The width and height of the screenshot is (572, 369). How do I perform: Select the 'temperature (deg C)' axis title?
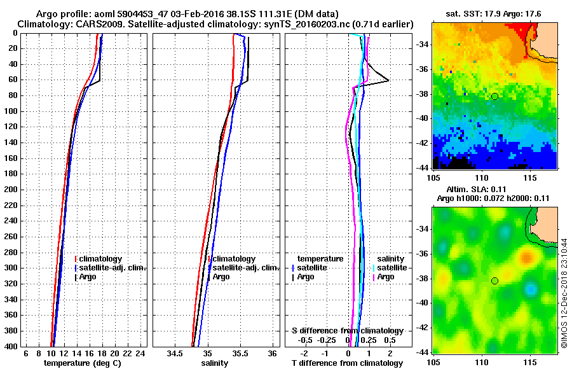click(x=82, y=363)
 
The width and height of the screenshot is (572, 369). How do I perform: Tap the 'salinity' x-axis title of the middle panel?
click(x=215, y=363)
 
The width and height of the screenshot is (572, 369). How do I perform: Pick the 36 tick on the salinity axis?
click(x=272, y=353)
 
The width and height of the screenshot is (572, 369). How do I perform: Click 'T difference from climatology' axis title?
click(x=347, y=363)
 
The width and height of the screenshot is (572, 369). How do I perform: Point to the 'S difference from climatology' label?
click(x=347, y=331)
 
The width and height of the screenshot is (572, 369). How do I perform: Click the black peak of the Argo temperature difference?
click(x=388, y=81)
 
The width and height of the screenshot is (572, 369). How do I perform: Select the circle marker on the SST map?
click(x=494, y=97)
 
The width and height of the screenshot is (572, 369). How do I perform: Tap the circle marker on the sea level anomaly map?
click(x=494, y=281)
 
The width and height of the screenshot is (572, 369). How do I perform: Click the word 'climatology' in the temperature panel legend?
click(x=101, y=259)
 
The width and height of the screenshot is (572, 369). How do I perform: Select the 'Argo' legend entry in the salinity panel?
click(x=221, y=277)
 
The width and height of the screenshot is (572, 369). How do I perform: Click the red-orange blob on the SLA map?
click(x=527, y=258)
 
